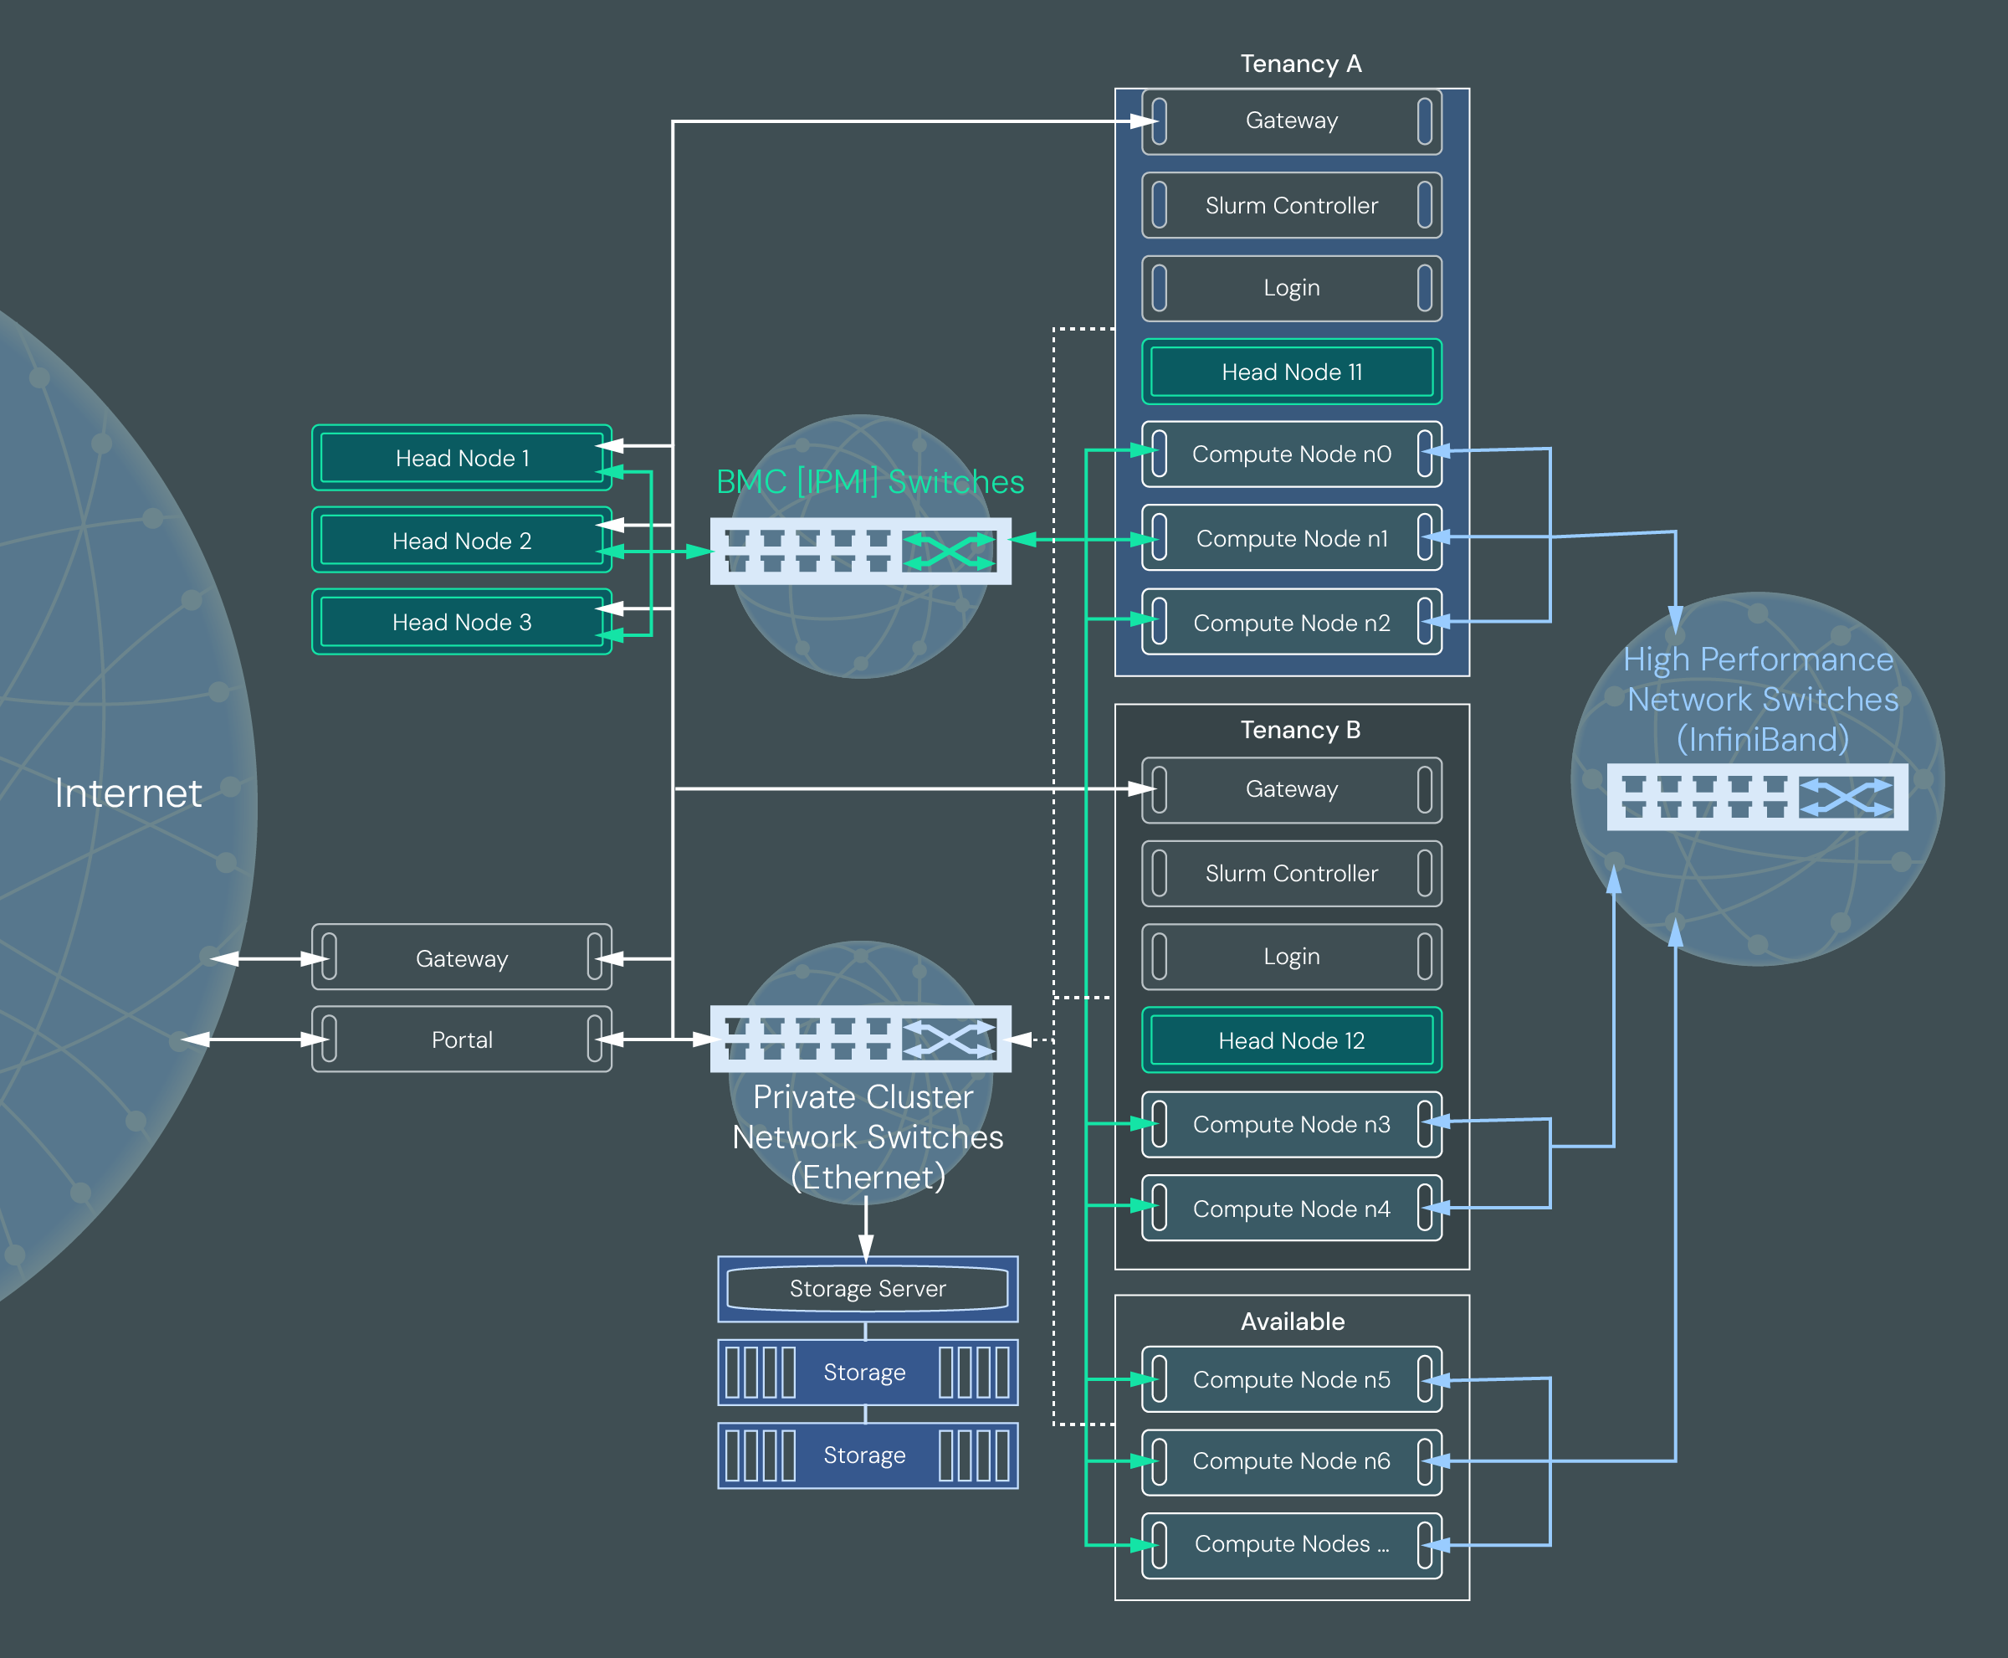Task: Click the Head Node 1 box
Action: [461, 458]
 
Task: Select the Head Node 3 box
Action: [461, 622]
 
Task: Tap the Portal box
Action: [461, 1039]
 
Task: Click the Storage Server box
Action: [867, 1288]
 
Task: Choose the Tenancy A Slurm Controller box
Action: [1292, 205]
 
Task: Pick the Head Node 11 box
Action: [1292, 372]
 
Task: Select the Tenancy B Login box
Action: [1292, 956]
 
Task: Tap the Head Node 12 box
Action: [1292, 1040]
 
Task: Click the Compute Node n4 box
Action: [1292, 1209]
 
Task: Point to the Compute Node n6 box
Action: [1292, 1461]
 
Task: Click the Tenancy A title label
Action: [1300, 64]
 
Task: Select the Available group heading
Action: [1292, 1321]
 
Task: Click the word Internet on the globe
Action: [128, 793]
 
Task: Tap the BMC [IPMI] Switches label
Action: [870, 481]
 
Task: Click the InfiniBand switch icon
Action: [1757, 797]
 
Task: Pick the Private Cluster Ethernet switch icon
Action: [860, 1038]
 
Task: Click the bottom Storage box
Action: [867, 1455]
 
